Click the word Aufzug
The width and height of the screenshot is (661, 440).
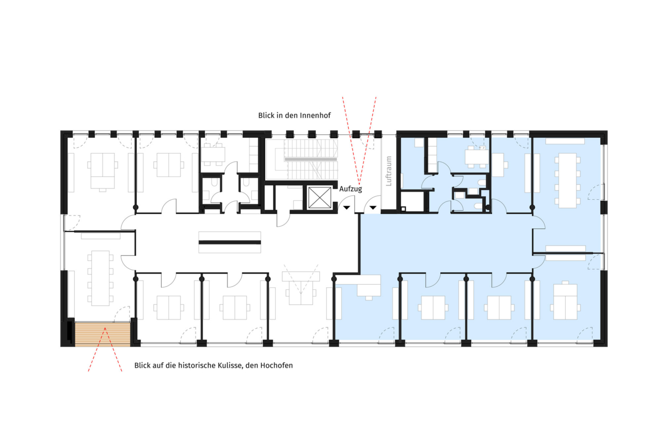(350, 189)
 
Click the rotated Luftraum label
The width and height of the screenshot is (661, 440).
(389, 171)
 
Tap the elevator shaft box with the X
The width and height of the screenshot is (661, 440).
(319, 197)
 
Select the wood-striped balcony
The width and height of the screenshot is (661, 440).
(103, 334)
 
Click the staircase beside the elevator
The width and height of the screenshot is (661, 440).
(311, 159)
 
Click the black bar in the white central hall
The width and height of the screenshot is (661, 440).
(230, 242)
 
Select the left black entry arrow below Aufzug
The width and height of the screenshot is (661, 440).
(346, 208)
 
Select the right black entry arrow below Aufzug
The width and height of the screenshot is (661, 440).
(373, 208)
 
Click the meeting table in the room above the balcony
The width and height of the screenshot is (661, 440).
(101, 278)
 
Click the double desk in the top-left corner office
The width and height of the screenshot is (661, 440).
(103, 171)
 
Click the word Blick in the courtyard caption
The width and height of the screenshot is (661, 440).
(266, 115)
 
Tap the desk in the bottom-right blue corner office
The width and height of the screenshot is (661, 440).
(565, 301)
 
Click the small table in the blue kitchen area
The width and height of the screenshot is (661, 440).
(476, 157)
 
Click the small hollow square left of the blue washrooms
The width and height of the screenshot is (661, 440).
(403, 209)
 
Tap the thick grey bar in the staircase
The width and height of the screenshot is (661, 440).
(311, 159)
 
